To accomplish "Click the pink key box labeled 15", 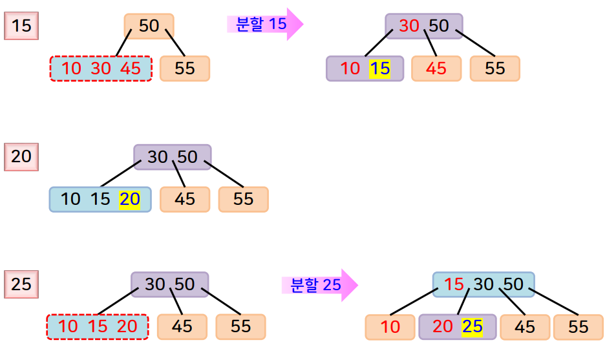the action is (21, 26).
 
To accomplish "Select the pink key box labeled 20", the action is (21, 157).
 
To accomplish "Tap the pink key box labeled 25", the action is (21, 284).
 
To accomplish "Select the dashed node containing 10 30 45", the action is (101, 69).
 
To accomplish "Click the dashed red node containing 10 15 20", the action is (98, 326).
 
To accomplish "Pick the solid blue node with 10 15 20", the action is (100, 199).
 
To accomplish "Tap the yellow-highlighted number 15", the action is (380, 69).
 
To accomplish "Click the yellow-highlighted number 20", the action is (129, 199).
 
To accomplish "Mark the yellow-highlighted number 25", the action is (472, 327).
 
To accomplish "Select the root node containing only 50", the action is (149, 26).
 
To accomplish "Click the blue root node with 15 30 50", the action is (483, 284).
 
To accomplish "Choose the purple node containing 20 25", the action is (457, 327).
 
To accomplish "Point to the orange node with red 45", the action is (436, 69).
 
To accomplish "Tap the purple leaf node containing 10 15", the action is (365, 69).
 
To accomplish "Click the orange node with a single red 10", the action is (390, 327).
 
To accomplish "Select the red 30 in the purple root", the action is (409, 26).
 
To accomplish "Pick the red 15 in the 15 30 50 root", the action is (454, 284).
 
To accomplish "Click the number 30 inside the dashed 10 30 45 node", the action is (101, 69).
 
